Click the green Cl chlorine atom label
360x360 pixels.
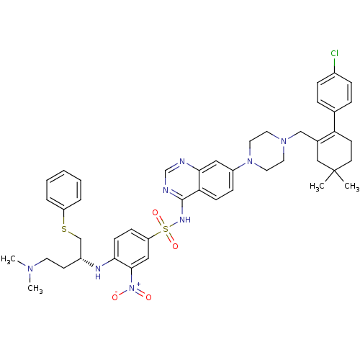[334, 53]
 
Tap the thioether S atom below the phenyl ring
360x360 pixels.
[64, 229]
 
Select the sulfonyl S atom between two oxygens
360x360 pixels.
[166, 229]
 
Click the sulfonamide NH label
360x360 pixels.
[185, 220]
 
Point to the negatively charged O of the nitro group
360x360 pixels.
[115, 297]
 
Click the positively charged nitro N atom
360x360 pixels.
[132, 287]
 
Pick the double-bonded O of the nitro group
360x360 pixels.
[148, 297]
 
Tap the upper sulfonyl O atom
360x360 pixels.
[156, 212]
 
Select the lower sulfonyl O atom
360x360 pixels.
[176, 246]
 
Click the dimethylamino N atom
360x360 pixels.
[30, 269]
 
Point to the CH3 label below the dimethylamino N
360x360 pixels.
[35, 289]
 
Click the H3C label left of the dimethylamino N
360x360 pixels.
[8, 259]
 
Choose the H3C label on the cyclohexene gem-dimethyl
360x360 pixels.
[317, 186]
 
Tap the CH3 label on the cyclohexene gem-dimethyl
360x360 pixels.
[352, 186]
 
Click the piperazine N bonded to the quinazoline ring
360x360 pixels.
[250, 161]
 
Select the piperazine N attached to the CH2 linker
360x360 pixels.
[284, 141]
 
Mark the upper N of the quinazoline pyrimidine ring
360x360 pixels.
[182, 161]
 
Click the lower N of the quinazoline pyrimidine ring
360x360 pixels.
[166, 190]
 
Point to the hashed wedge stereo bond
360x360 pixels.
[87, 262]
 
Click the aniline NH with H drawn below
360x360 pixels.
[98, 272]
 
